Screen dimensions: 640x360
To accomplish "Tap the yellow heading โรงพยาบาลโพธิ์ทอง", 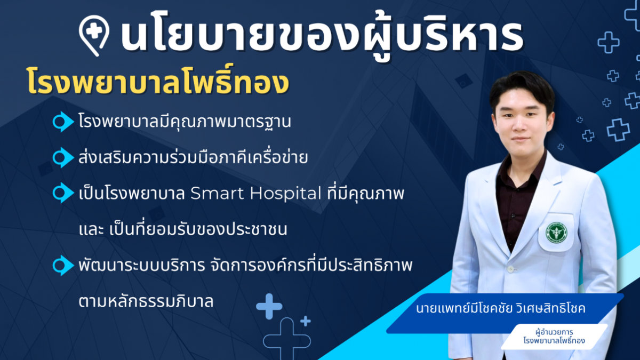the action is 158,82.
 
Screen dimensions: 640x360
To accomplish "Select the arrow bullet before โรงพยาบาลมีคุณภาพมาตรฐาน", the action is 63,122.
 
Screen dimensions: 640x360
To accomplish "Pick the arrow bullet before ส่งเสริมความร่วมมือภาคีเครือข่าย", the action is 63,157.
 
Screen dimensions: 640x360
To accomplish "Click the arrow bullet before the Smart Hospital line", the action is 63,193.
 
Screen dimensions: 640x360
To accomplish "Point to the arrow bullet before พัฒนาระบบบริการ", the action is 63,265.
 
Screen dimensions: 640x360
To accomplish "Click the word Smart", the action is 218,194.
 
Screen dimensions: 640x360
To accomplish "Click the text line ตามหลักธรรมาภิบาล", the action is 146,301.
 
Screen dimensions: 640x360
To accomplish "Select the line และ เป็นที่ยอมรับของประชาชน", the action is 183,229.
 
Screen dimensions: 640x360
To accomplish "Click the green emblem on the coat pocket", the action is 556,232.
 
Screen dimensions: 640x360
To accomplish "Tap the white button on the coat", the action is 510,269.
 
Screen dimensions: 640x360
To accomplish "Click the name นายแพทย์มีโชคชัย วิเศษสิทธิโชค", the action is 501,308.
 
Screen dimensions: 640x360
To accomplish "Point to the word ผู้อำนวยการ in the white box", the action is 554,332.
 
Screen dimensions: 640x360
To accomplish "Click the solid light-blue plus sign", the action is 269,306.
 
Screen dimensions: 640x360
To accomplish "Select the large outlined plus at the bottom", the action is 287,339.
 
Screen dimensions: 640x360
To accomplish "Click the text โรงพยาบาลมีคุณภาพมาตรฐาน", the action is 185,122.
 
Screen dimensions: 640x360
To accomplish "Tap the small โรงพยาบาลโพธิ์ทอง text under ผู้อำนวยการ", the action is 554,341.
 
